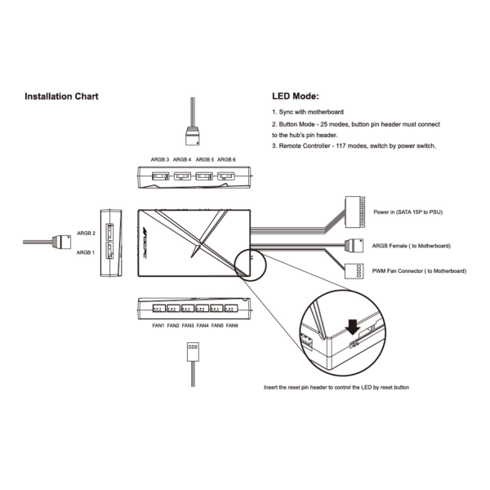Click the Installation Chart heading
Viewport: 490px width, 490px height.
61,96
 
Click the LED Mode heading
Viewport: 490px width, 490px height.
296,96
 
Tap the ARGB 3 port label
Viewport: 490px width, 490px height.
160,160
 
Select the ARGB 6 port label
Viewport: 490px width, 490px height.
226,160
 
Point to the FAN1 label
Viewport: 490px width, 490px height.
158,326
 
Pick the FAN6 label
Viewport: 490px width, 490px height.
232,326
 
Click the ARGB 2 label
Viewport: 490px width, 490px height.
86,233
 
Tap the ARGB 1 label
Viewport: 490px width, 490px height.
85,252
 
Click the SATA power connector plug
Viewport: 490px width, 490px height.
354,212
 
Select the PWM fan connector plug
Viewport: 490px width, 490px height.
354,271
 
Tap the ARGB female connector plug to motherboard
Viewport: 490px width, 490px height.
354,246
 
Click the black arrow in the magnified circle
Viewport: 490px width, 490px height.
353,327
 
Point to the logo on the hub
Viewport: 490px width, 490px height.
145,243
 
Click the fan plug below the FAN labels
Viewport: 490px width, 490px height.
193,352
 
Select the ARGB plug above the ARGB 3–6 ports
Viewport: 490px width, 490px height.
193,136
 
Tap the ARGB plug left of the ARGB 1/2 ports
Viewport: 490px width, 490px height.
61,242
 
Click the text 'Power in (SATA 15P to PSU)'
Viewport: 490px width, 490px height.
408,212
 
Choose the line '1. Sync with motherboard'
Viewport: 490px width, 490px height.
308,112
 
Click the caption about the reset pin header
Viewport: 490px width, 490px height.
336,387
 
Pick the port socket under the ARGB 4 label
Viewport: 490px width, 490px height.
182,176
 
